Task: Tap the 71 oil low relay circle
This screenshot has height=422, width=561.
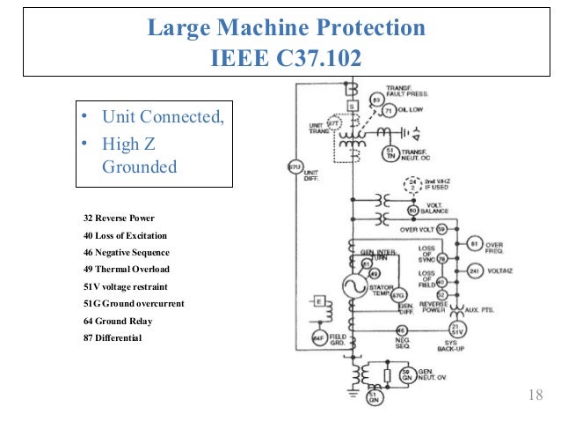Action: coord(390,109)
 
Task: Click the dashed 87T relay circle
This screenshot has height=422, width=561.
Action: coord(333,122)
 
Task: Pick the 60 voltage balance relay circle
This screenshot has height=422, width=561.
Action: coord(412,211)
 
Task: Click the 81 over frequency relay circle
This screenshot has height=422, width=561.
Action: coord(474,243)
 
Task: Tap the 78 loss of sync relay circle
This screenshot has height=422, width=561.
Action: coord(441,259)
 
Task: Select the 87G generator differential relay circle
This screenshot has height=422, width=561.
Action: coord(398,296)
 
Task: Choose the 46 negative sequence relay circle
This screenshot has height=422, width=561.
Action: coord(401,331)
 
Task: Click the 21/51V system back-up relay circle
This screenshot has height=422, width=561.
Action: coord(457,328)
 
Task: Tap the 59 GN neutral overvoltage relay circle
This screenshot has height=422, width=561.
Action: coord(406,375)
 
